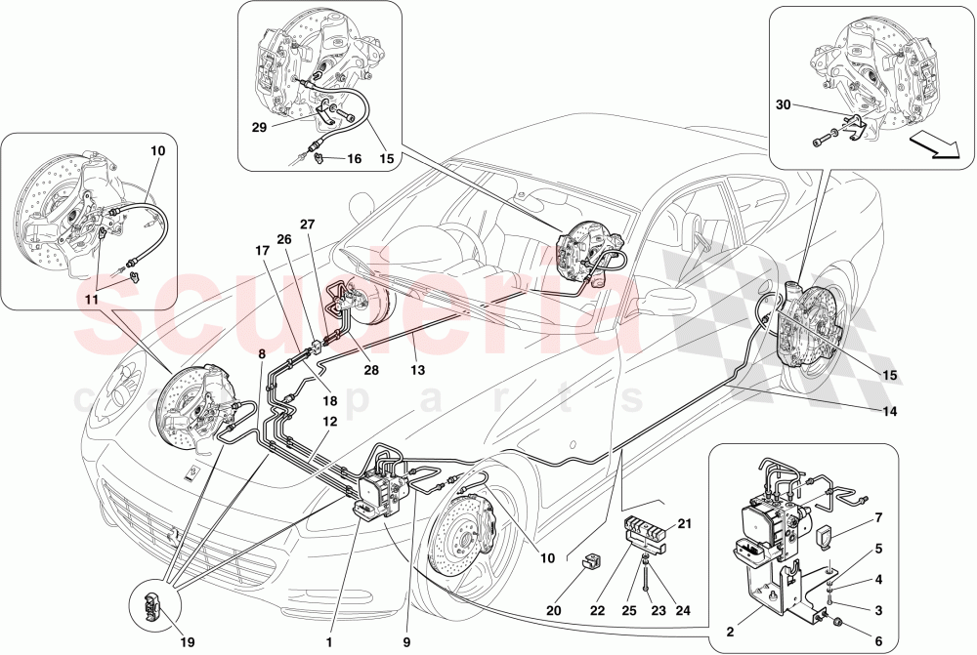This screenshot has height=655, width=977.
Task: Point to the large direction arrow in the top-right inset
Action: tap(935, 146)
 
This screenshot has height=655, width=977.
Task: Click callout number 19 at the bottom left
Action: tap(188, 641)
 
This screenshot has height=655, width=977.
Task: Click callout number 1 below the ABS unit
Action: tap(330, 641)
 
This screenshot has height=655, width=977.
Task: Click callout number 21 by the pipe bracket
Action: tap(685, 524)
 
